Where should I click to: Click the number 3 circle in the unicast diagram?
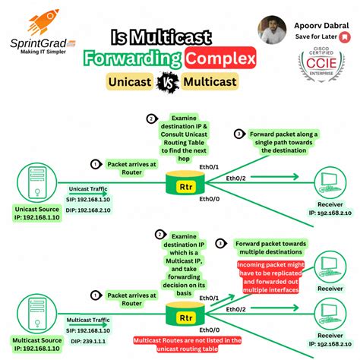pyautogui.click(x=239, y=134)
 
